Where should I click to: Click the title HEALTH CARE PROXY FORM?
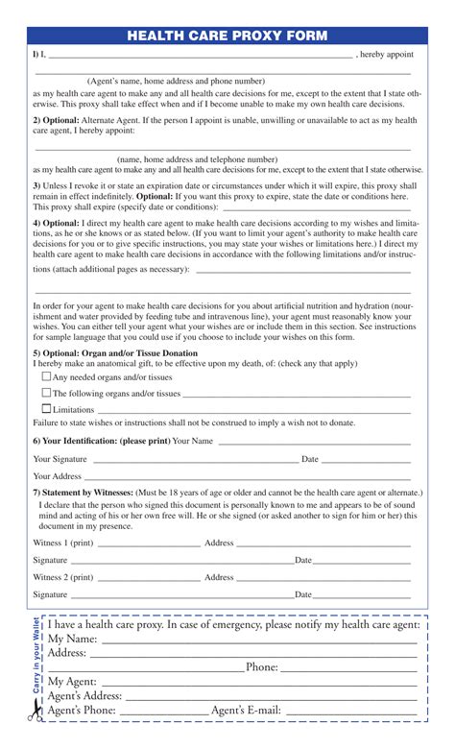tap(227, 36)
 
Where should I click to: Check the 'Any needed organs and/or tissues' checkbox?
tap(46, 377)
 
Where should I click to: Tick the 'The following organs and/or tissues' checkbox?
tap(46, 393)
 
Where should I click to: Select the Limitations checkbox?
tap(46, 409)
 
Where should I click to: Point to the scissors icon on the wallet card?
tap(36, 712)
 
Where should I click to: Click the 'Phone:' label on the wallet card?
tap(261, 667)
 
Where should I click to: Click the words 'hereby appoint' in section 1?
tap(389, 56)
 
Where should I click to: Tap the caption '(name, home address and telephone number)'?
tap(198, 159)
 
